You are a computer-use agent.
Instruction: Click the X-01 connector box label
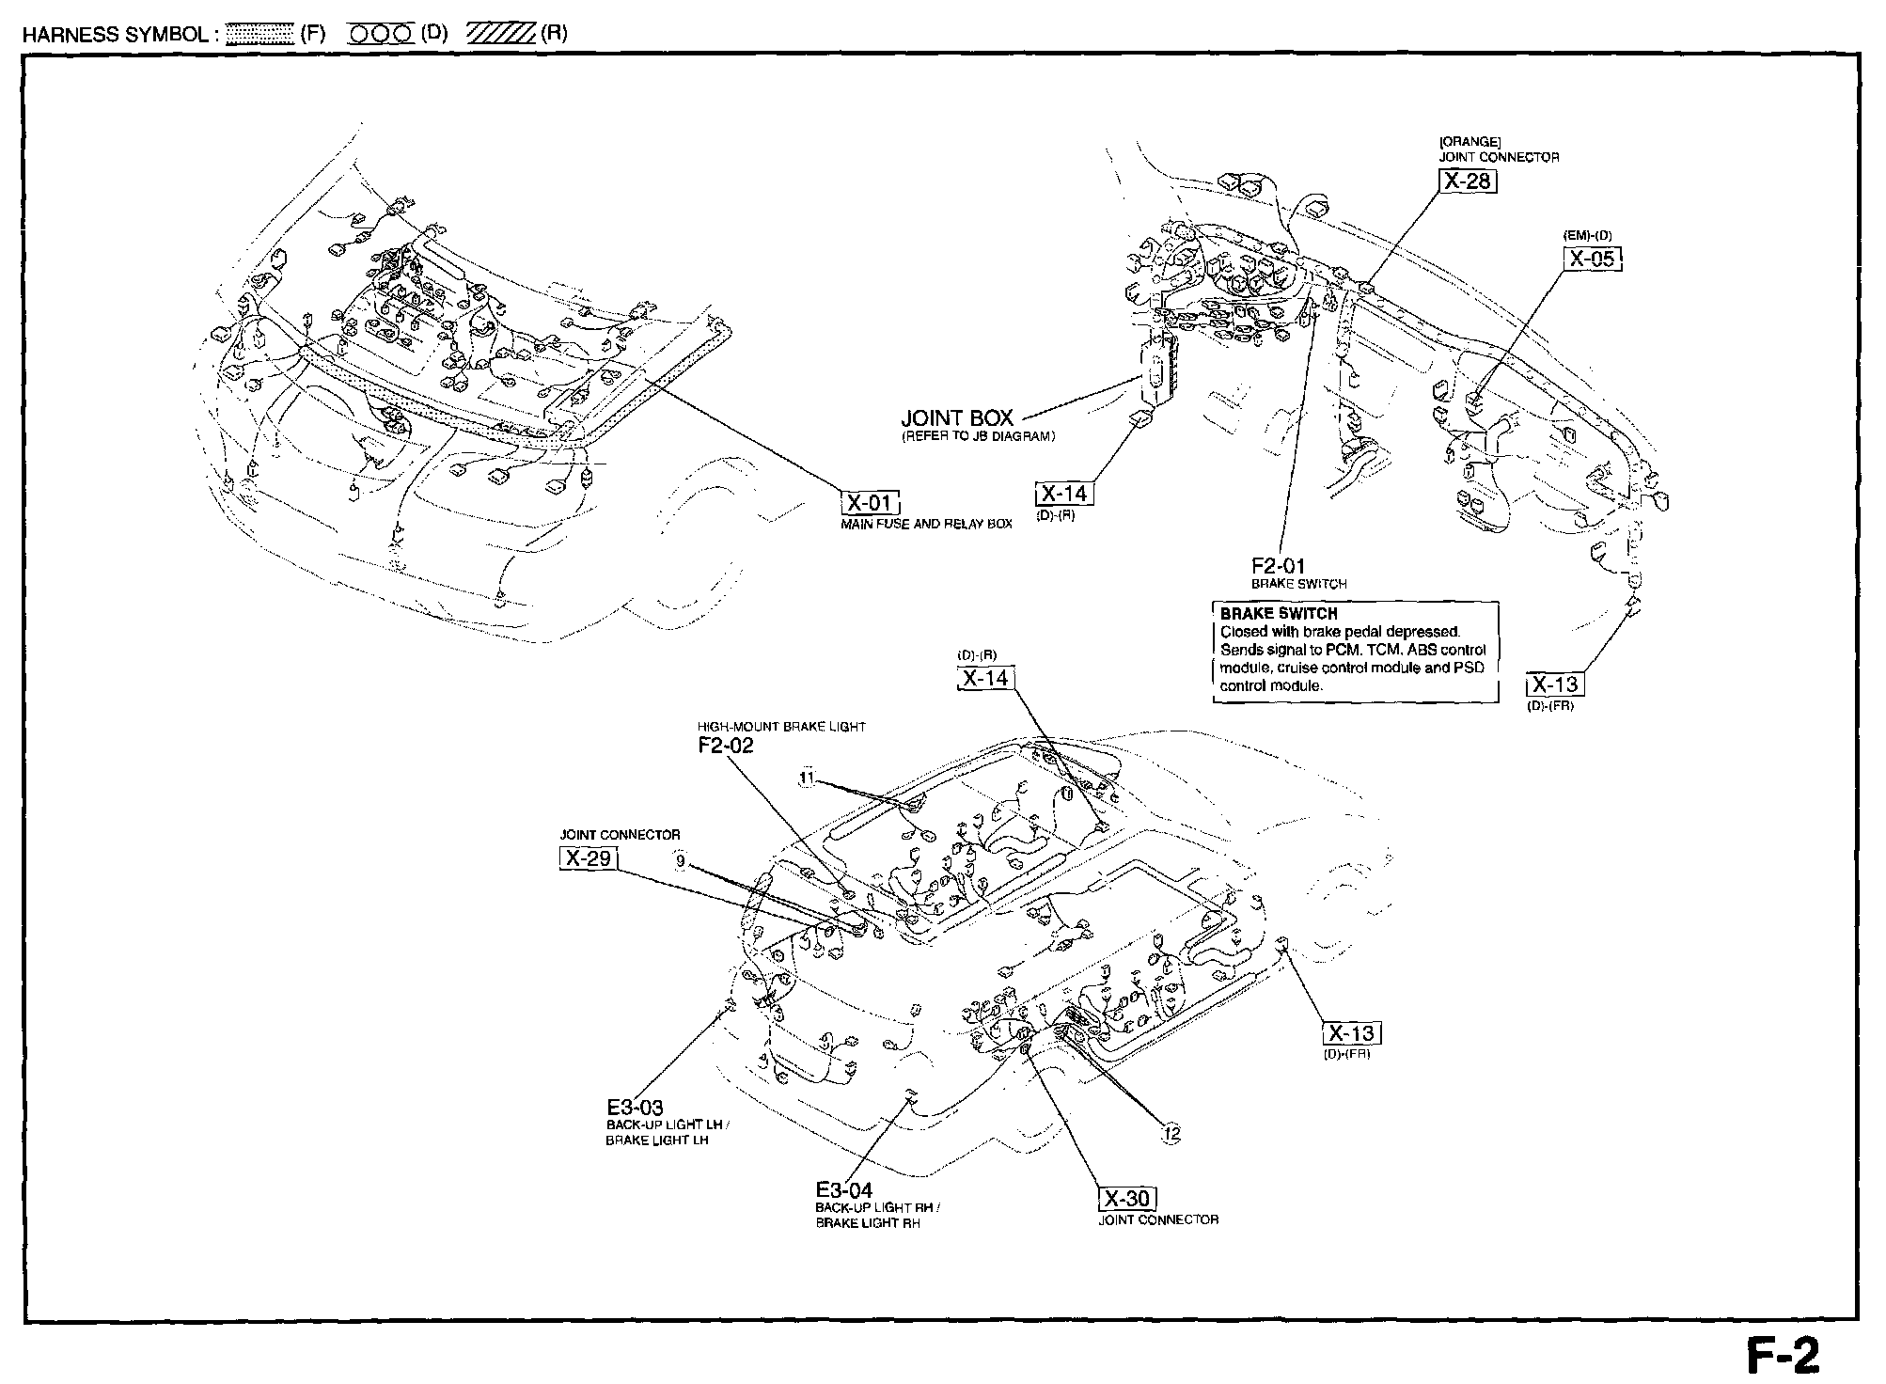(870, 503)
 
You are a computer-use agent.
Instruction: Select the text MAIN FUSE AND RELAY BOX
(926, 524)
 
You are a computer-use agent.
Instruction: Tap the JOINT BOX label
(957, 418)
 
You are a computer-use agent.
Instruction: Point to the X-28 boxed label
(1467, 181)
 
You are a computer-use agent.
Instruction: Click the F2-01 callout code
(1278, 566)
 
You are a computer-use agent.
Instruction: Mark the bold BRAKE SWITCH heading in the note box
(1278, 614)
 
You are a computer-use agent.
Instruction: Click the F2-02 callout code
(725, 746)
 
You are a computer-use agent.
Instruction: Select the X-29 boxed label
(589, 858)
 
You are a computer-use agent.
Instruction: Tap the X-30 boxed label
(1127, 1199)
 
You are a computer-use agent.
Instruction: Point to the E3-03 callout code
(635, 1108)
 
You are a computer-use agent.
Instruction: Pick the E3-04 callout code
(844, 1190)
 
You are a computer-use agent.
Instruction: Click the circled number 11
(807, 778)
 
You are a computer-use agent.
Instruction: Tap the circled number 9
(680, 858)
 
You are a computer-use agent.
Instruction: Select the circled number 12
(1171, 1135)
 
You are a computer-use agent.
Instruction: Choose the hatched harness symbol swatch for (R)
(500, 35)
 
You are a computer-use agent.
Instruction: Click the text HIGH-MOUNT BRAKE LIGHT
(781, 727)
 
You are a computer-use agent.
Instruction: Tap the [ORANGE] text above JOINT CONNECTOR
(1466, 142)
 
